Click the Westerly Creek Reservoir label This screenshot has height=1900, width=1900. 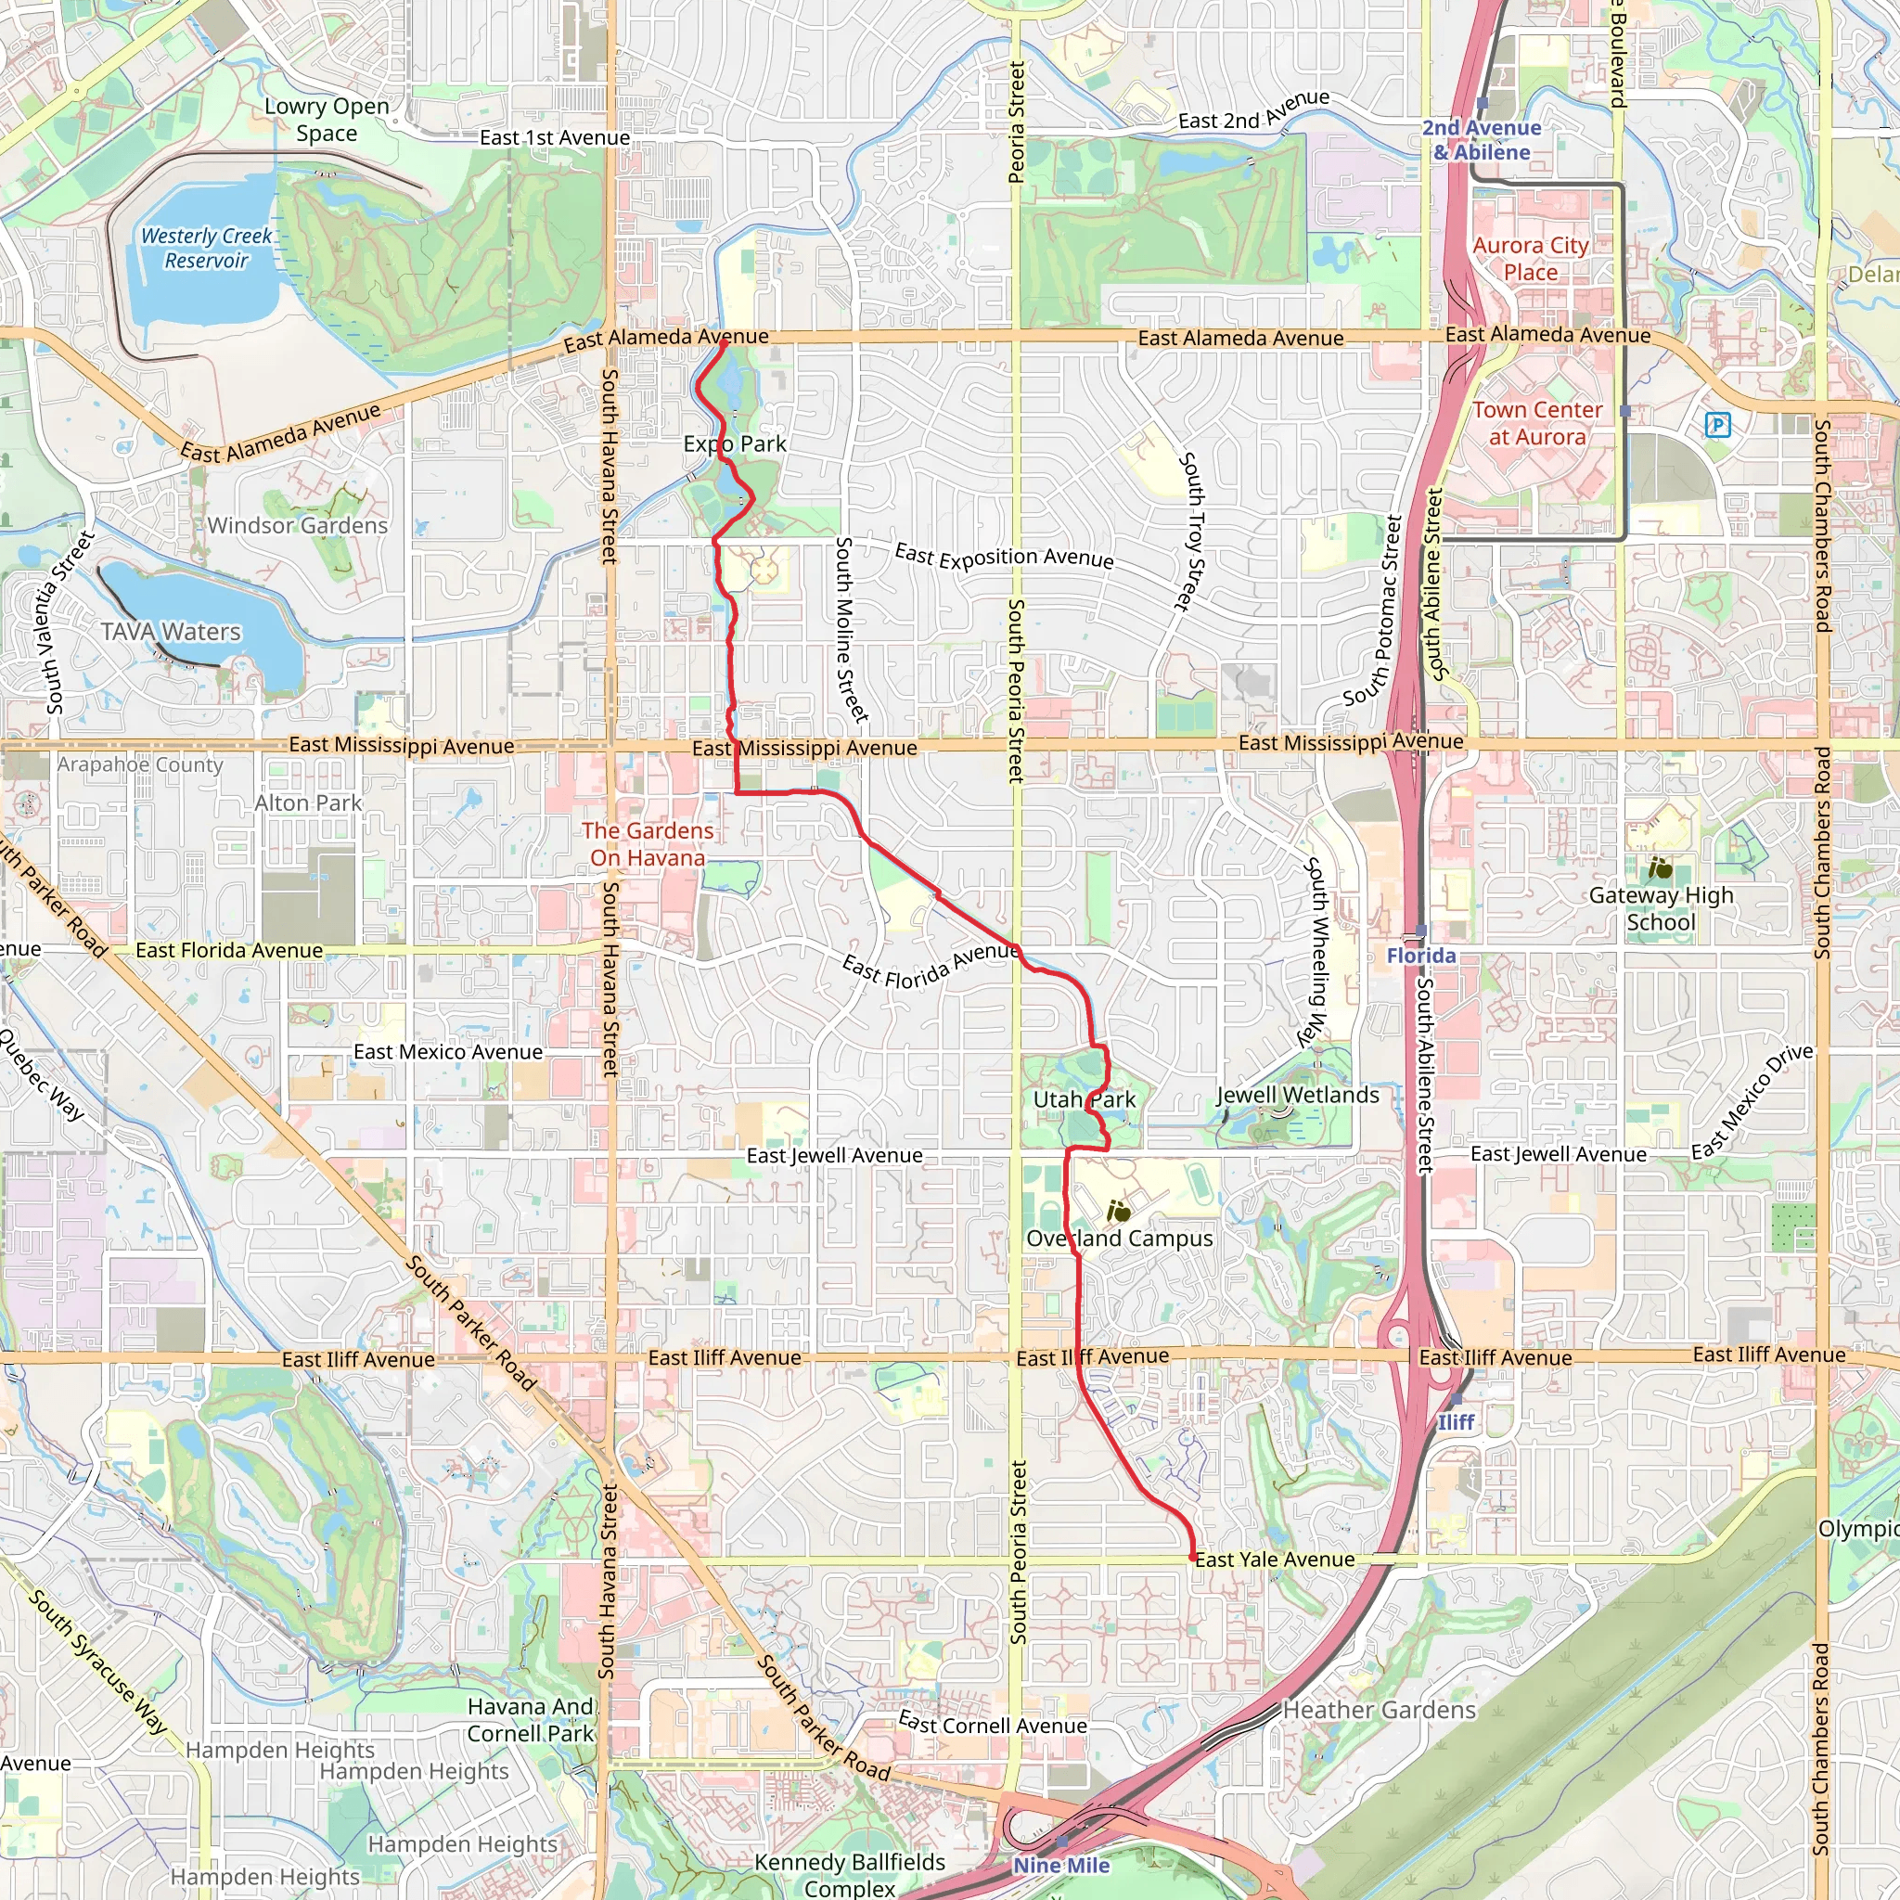click(207, 248)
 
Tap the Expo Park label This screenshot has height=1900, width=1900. click(735, 443)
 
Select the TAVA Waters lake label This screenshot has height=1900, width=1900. click(171, 632)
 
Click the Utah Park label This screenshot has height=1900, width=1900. click(1084, 1099)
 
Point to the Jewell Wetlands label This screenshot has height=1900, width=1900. click(1297, 1095)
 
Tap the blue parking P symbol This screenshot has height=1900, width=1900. click(1717, 425)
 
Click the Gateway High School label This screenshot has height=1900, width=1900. click(1660, 908)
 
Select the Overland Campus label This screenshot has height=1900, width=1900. click(1119, 1239)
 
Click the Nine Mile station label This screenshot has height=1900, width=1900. click(1061, 1866)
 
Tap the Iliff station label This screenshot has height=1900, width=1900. click(1456, 1422)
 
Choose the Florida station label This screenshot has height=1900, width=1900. click(1421, 955)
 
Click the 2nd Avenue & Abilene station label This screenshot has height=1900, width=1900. click(1481, 140)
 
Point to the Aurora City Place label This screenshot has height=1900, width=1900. click(1530, 259)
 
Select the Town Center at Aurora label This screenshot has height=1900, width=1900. click(1537, 423)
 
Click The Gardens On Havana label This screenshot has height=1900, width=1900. click(648, 844)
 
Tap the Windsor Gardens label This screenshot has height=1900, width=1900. click(298, 525)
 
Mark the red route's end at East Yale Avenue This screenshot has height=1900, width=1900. click(1193, 1558)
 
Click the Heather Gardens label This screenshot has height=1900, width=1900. click(1379, 1710)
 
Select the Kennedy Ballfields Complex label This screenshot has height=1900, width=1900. click(850, 1874)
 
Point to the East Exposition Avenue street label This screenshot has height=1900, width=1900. click(1004, 557)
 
